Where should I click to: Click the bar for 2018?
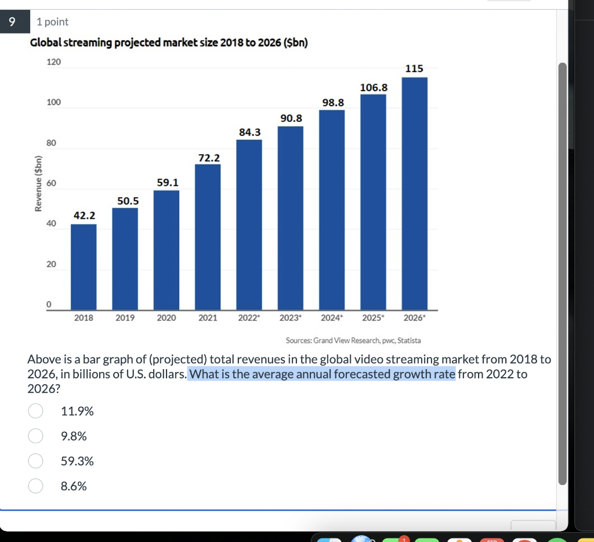84,267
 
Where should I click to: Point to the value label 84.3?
249,132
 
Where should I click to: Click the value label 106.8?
374,87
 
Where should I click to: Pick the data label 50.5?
128,201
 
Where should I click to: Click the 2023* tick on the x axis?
290,318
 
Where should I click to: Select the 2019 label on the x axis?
125,318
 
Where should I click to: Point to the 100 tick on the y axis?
53,103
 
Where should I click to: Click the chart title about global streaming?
168,44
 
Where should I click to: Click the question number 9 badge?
11,22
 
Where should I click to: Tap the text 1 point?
52,22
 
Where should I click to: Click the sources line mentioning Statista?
353,340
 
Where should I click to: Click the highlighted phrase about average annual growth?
322,374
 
